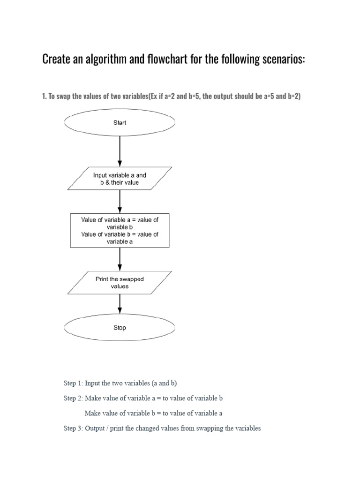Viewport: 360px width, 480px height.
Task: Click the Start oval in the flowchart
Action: click(120, 123)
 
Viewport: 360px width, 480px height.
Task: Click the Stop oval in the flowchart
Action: click(120, 328)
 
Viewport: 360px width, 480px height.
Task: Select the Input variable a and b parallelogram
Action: click(120, 179)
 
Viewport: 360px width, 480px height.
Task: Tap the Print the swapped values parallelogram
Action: click(120, 283)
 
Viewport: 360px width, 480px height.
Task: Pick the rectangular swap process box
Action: click(120, 231)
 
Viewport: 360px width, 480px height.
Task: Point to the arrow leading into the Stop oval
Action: click(120, 305)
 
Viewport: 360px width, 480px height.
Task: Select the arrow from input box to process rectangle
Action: click(120, 202)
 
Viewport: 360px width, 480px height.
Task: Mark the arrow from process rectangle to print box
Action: click(120, 259)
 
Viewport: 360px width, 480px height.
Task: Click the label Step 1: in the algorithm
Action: click(73, 383)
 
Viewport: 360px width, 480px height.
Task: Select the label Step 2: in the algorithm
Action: click(73, 398)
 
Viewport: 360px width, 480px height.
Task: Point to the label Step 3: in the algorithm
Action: click(73, 428)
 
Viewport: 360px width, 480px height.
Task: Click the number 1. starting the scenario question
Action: click(45, 96)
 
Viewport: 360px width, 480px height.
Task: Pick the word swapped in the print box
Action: click(133, 279)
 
